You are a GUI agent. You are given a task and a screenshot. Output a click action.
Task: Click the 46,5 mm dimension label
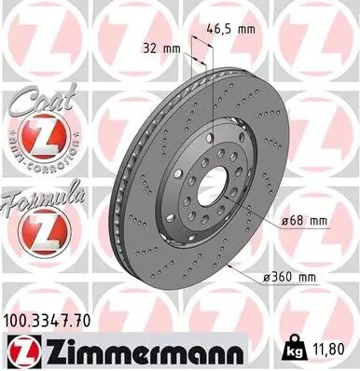tap(234, 29)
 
